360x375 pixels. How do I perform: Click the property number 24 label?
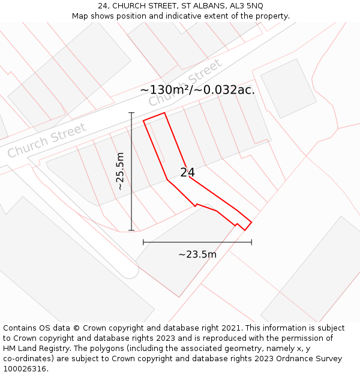tap(187, 173)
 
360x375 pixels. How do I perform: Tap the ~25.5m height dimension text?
tap(121, 171)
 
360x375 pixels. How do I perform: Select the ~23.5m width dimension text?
tap(197, 254)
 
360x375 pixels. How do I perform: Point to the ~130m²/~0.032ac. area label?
tap(197, 91)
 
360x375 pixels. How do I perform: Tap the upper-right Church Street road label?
tap(185, 83)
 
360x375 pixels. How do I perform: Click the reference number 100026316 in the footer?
tap(25, 369)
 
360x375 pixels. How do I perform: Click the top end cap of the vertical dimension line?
tap(131, 112)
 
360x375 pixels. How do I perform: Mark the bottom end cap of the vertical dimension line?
tap(131, 230)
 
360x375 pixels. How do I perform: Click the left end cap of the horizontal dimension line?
tap(143, 242)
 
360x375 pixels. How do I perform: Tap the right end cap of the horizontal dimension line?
tap(251, 242)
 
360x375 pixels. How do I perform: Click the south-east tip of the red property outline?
tap(245, 230)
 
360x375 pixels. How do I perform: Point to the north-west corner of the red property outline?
tap(143, 121)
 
